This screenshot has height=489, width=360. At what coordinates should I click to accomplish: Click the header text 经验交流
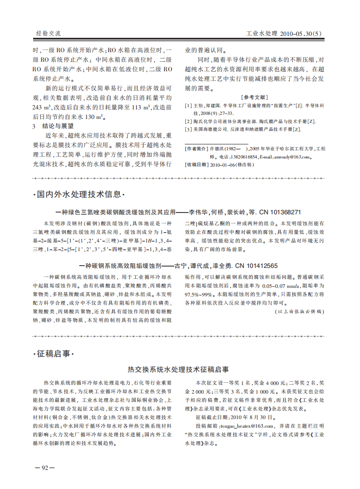point(49,34)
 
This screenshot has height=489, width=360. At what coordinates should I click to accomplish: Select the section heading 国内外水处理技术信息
point(79,195)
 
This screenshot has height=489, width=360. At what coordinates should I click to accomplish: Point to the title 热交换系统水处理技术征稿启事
point(179,370)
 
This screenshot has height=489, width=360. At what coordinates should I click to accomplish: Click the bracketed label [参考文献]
point(255,97)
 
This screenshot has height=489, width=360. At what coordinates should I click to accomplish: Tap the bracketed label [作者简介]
point(196,149)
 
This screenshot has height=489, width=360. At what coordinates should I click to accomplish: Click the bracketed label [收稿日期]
point(196,165)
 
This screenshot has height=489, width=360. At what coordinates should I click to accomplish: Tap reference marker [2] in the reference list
point(188,122)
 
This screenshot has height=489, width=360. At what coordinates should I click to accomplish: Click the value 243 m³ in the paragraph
point(42,108)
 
